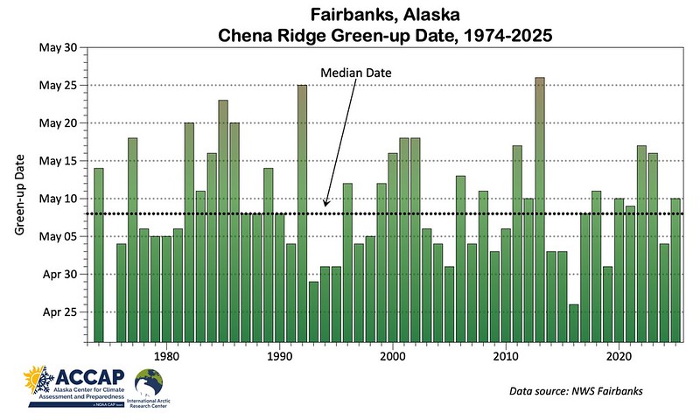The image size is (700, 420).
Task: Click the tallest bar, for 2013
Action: click(539, 210)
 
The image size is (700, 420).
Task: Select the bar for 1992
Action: click(302, 213)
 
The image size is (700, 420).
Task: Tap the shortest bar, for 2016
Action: click(573, 323)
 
